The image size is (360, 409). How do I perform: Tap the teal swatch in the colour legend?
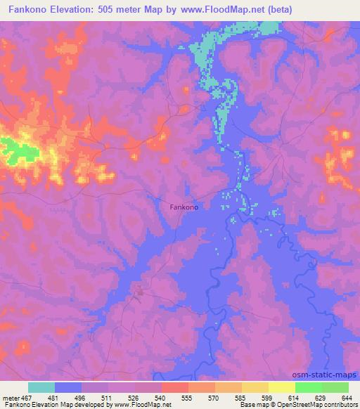click(41, 387)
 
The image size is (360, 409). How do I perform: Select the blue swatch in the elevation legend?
click(68, 387)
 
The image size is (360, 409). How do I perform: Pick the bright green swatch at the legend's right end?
click(335, 387)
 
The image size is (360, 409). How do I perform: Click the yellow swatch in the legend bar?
click(281, 387)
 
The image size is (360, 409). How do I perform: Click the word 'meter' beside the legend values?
click(10, 397)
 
